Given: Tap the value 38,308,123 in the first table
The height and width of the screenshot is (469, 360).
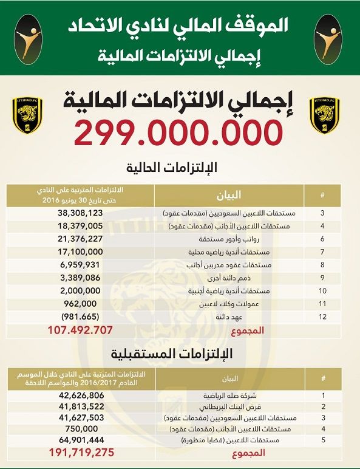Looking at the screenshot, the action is [81, 213].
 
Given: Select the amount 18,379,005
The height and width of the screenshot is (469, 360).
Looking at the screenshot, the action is [81, 226].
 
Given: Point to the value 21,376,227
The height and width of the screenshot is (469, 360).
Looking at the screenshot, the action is [81, 239].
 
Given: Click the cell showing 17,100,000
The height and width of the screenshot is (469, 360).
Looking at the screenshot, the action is [81, 252].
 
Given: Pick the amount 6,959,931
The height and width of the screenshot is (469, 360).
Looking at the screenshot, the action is [81, 265].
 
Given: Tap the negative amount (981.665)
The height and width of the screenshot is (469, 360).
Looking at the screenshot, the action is [81, 317].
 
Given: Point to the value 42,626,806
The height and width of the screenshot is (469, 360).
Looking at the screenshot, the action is [81, 395].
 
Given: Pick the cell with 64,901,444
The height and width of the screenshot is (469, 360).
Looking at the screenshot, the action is [81, 439].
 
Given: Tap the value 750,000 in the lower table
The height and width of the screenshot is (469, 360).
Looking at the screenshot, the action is [81, 428].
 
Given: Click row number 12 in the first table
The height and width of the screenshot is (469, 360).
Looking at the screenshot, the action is [324, 317].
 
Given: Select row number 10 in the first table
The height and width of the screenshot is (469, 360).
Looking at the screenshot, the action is [324, 290].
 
